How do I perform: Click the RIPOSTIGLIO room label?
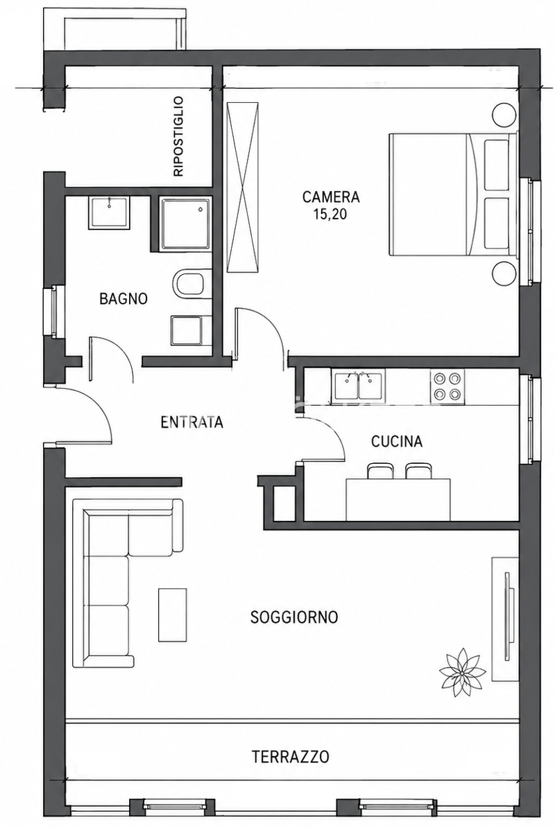click(178, 136)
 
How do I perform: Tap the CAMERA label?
click(331, 197)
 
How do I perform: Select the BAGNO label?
click(123, 299)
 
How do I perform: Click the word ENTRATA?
click(192, 422)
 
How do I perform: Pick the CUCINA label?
click(397, 441)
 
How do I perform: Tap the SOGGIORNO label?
click(294, 617)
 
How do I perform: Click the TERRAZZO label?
click(291, 757)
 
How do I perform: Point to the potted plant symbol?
click(463, 672)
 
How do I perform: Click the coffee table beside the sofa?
click(172, 615)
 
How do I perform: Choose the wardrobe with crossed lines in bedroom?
click(244, 187)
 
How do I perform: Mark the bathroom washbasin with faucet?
click(109, 212)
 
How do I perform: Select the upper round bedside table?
click(503, 113)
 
